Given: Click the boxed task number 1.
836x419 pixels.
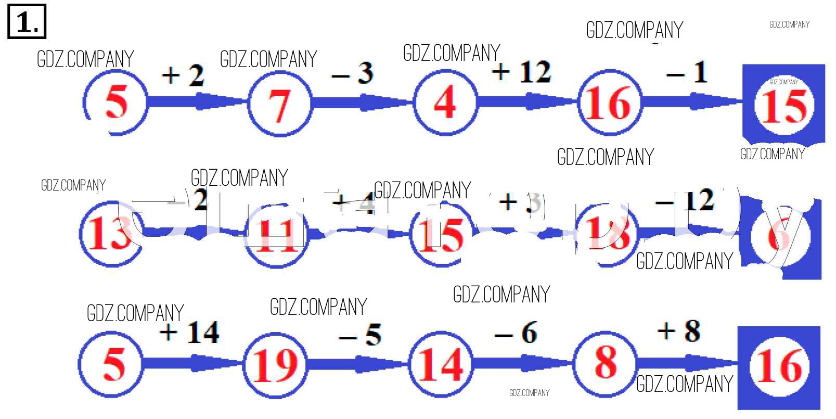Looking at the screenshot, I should coord(27,21).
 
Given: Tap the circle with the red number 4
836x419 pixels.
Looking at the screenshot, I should coord(445,102).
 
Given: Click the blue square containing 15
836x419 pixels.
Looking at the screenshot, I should coord(783,104).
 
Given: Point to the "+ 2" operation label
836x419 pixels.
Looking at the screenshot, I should coord(183,75).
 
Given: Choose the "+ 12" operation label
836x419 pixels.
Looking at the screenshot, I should coord(521,71).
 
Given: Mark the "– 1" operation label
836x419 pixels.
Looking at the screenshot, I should coord(687,72).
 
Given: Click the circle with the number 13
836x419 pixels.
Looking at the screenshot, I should coord(110,234).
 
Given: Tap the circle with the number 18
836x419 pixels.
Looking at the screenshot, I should coord(607,234).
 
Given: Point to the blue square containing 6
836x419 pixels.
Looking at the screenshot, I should coord(780,237).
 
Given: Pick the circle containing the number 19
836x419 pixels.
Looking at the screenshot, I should coord(274,364).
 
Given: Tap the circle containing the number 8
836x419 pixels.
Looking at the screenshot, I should coord(606,362).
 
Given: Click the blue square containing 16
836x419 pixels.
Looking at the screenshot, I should coord(779,366).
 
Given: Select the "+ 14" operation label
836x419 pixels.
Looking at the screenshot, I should coord(189,332).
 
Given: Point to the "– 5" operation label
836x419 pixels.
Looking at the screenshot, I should coord(361,335).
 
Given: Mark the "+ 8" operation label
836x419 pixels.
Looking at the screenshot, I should coord(679,331).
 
